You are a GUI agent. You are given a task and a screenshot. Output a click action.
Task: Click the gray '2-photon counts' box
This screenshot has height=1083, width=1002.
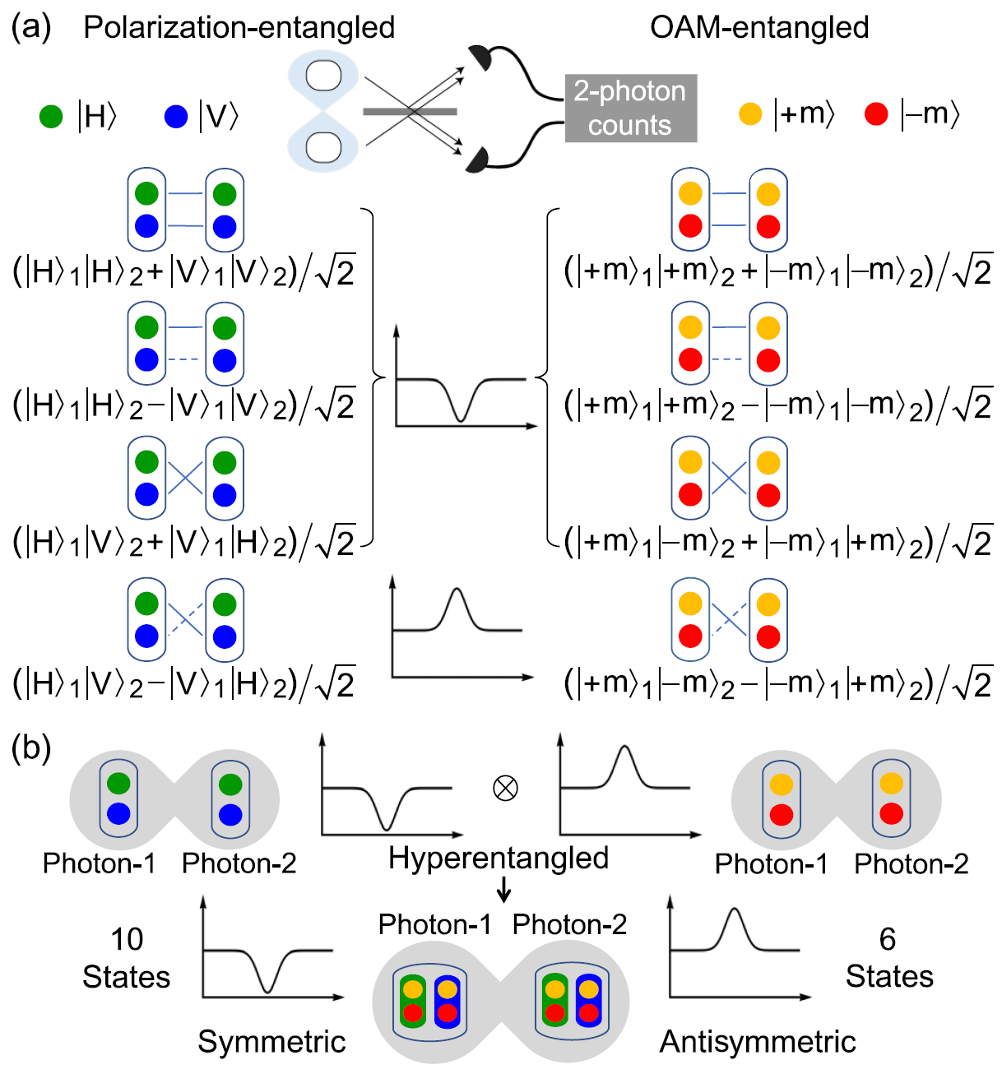tap(630, 108)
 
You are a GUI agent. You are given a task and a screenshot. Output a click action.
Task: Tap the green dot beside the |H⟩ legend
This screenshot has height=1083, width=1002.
tap(51, 116)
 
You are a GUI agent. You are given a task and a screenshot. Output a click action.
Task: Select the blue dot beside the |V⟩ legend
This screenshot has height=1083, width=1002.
tap(176, 116)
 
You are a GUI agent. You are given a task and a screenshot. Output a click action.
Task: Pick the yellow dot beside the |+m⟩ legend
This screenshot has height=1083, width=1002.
tap(750, 113)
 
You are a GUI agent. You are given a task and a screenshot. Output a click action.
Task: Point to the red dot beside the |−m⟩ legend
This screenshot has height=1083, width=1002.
tap(876, 113)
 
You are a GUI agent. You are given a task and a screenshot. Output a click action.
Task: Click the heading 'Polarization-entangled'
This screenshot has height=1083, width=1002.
tap(239, 28)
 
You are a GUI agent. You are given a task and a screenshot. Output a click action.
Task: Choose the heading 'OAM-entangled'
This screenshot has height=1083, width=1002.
tap(758, 28)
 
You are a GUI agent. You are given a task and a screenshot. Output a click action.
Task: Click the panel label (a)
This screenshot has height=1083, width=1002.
tap(31, 28)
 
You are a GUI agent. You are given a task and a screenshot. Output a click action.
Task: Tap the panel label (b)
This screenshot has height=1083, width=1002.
tap(31, 748)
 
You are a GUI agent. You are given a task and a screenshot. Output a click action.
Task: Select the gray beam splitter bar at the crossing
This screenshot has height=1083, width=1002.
tap(410, 111)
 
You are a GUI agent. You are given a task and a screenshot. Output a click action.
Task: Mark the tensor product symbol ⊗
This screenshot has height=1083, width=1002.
tap(505, 788)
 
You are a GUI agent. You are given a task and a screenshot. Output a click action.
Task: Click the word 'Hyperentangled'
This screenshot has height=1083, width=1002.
tap(499, 858)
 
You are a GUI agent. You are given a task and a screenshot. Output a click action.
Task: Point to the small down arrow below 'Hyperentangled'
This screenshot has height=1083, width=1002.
tap(504, 889)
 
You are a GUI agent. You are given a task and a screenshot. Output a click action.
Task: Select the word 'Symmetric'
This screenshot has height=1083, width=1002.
tap(271, 1042)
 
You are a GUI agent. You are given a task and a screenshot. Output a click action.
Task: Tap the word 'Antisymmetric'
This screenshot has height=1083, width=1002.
tap(758, 1042)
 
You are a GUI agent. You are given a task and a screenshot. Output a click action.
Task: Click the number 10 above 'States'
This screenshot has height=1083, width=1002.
tap(127, 939)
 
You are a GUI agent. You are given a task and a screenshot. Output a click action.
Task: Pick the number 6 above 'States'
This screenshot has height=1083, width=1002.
tap(888, 939)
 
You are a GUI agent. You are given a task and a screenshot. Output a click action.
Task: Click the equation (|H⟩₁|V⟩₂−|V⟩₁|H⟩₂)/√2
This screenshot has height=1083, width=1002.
tap(183, 684)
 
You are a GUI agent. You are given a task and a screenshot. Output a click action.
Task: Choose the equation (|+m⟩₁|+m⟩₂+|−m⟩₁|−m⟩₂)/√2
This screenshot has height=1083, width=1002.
tap(777, 271)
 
